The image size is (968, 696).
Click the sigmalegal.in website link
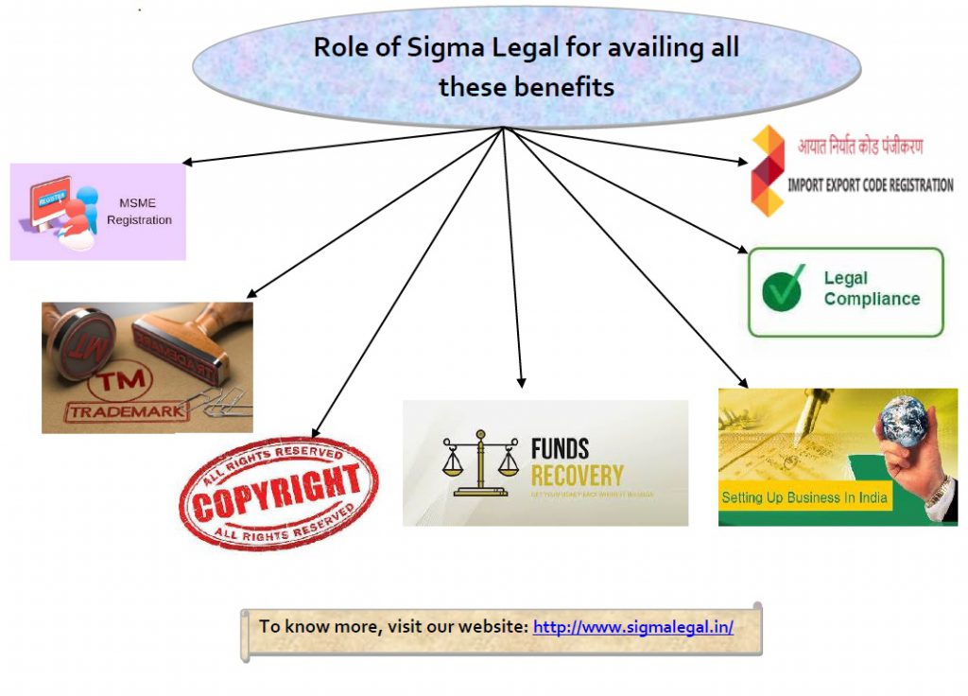[632, 627]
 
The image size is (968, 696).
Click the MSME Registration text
[139, 211]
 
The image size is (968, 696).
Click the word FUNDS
[560, 448]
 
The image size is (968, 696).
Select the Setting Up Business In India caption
[804, 497]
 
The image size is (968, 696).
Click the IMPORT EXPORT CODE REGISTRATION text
[870, 185]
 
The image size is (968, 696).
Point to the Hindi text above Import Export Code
[860, 147]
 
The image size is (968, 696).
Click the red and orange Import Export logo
[768, 170]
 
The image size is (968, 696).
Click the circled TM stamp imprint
[106, 387]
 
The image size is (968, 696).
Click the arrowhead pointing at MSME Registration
[186, 163]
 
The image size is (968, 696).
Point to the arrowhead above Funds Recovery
[521, 381]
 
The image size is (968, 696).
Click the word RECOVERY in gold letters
[577, 475]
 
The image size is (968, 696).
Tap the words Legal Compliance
[871, 288]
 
